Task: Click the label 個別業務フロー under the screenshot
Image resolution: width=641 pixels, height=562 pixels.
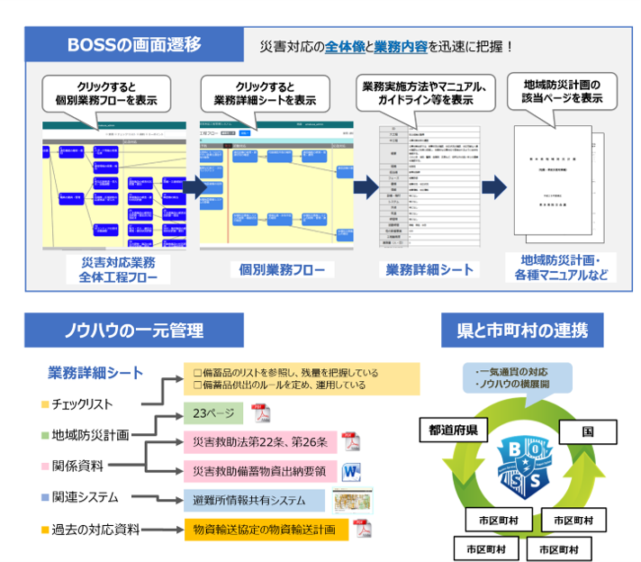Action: click(x=275, y=269)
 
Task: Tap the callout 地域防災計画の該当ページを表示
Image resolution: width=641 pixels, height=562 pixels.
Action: click(x=562, y=91)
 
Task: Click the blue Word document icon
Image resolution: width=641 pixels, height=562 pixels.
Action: click(x=350, y=470)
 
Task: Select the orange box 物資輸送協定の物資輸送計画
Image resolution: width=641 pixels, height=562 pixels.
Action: click(x=266, y=529)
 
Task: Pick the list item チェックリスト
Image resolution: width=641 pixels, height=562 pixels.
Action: click(x=82, y=403)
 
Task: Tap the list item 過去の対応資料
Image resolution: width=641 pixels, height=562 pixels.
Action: click(x=95, y=529)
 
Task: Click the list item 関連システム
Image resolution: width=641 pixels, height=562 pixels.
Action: click(x=86, y=497)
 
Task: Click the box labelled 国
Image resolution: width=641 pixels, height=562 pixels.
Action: click(x=587, y=431)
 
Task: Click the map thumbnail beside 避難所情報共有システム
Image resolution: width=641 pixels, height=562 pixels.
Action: click(x=352, y=500)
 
